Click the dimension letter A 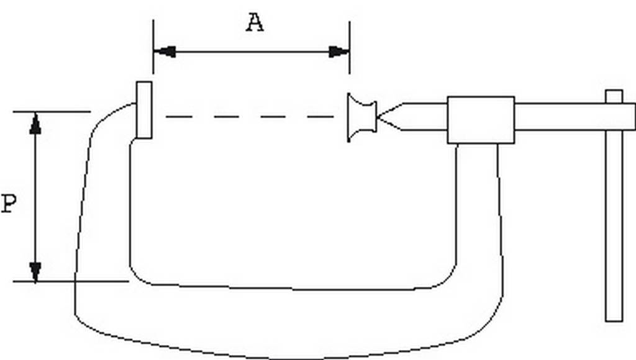pos(254,23)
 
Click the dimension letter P pos(8,204)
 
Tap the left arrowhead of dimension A pos(164,52)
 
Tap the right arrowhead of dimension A pos(339,52)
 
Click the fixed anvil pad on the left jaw pos(144,110)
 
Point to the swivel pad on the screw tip pos(361,117)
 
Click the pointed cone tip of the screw pos(388,117)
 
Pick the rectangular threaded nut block pos(481,120)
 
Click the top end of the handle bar pos(614,93)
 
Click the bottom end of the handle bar pos(614,318)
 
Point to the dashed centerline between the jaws pos(248,117)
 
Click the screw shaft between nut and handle pos(559,117)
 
